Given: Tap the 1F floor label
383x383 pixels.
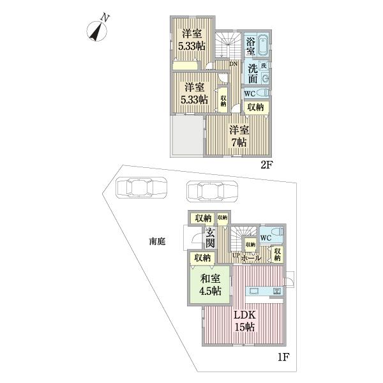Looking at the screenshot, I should (x=283, y=359).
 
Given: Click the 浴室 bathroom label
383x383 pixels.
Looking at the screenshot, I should (x=251, y=45).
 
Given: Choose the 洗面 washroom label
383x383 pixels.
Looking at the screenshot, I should (x=253, y=73).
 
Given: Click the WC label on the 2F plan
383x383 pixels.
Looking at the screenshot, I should (x=250, y=93).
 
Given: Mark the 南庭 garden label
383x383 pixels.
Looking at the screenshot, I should (x=157, y=241).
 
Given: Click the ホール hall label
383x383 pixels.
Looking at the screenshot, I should (x=250, y=258).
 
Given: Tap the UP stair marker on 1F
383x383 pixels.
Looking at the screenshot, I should (x=236, y=256).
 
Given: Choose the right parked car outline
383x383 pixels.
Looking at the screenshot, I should (x=211, y=190).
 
